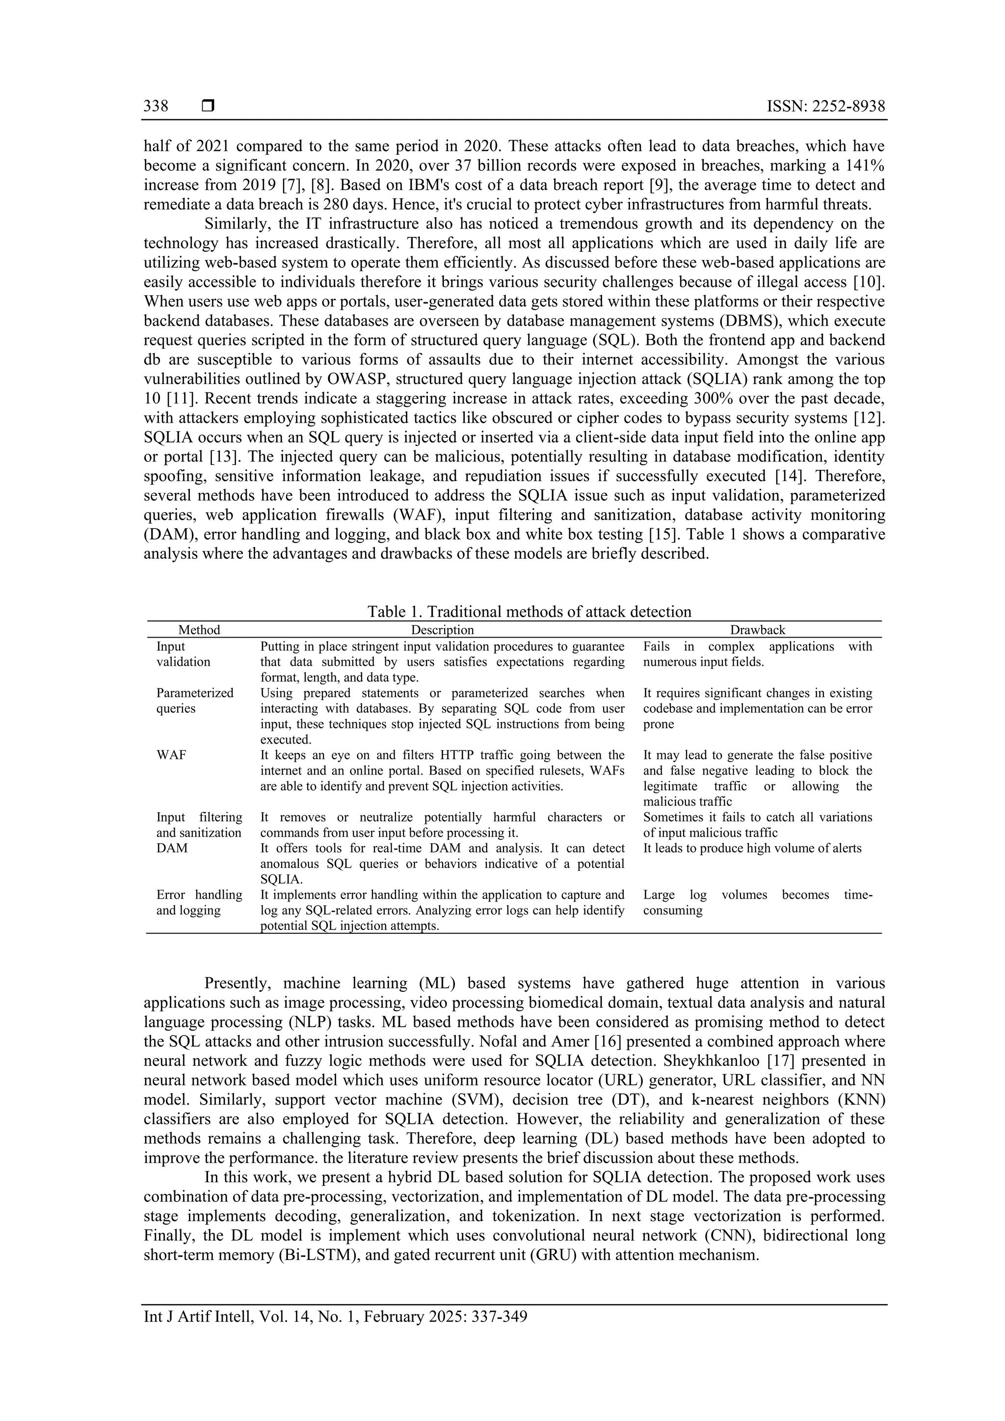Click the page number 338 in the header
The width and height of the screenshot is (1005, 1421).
click(x=156, y=106)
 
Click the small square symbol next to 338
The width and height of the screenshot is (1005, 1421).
click(x=208, y=106)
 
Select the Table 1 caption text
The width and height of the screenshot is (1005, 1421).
click(x=529, y=612)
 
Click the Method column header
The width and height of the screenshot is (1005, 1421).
click(x=199, y=630)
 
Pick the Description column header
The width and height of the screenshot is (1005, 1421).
click(x=442, y=630)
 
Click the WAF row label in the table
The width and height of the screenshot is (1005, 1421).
click(x=171, y=755)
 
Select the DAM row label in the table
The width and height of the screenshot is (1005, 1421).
click(x=172, y=849)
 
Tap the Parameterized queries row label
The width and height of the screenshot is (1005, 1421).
click(x=194, y=700)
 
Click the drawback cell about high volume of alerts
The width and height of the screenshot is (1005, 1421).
click(x=752, y=849)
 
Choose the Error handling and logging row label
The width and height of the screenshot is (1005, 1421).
click(x=199, y=903)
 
